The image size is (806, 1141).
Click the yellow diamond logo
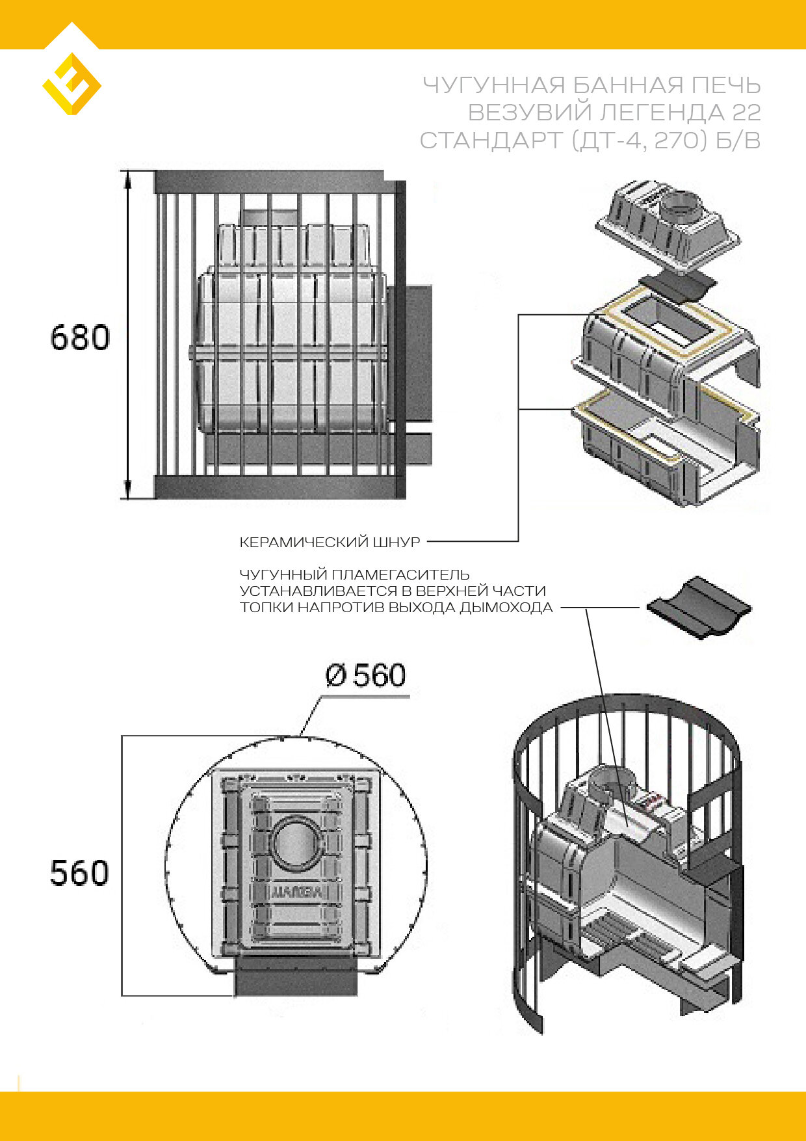tap(71, 84)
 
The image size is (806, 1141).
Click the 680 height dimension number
tap(80, 338)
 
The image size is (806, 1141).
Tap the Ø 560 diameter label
tap(365, 676)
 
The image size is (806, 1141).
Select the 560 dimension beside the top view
tap(79, 873)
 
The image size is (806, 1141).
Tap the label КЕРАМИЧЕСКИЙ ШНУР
tap(330, 542)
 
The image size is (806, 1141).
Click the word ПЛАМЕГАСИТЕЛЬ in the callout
tap(400, 575)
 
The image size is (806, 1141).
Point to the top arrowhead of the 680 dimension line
tap(128, 177)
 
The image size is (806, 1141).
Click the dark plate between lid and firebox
tap(677, 286)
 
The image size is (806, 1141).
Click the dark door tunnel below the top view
tap(296, 976)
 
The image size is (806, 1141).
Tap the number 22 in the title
tap(746, 113)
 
